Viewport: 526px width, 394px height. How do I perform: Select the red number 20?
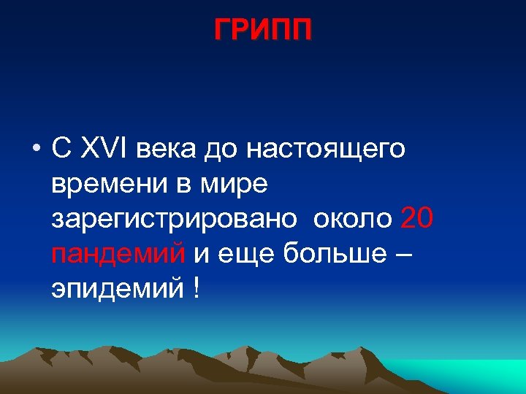tap(418, 219)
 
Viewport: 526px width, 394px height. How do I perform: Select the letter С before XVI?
tap(61, 150)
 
